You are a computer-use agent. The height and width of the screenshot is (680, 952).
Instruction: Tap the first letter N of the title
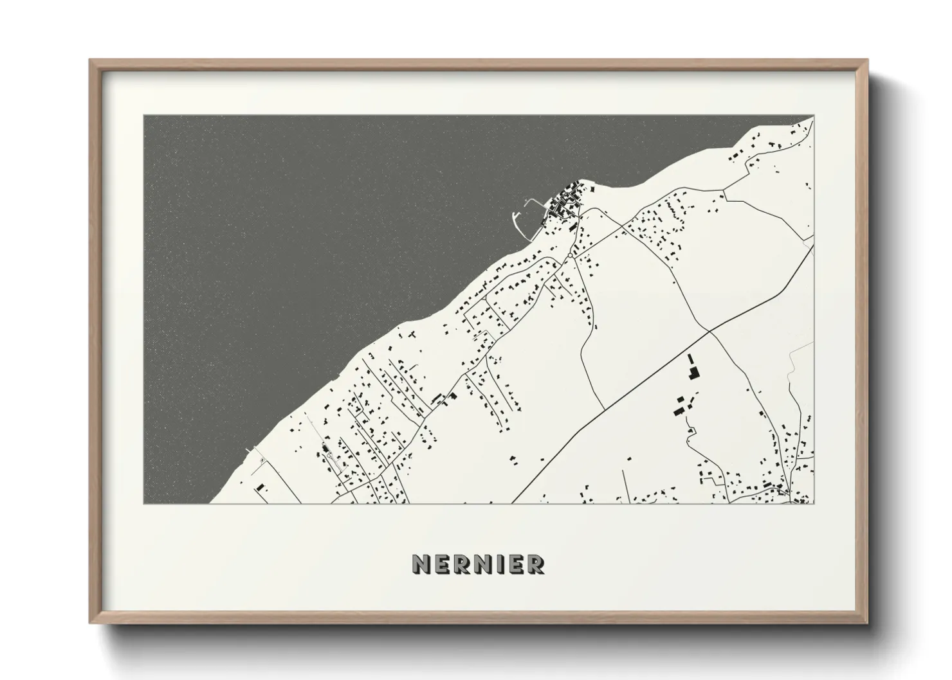420,564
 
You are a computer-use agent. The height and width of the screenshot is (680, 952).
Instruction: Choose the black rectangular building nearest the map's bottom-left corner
260,488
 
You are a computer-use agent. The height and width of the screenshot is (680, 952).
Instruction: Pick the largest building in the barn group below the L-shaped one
679,405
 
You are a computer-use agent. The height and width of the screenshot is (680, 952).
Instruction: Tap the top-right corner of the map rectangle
813,116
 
